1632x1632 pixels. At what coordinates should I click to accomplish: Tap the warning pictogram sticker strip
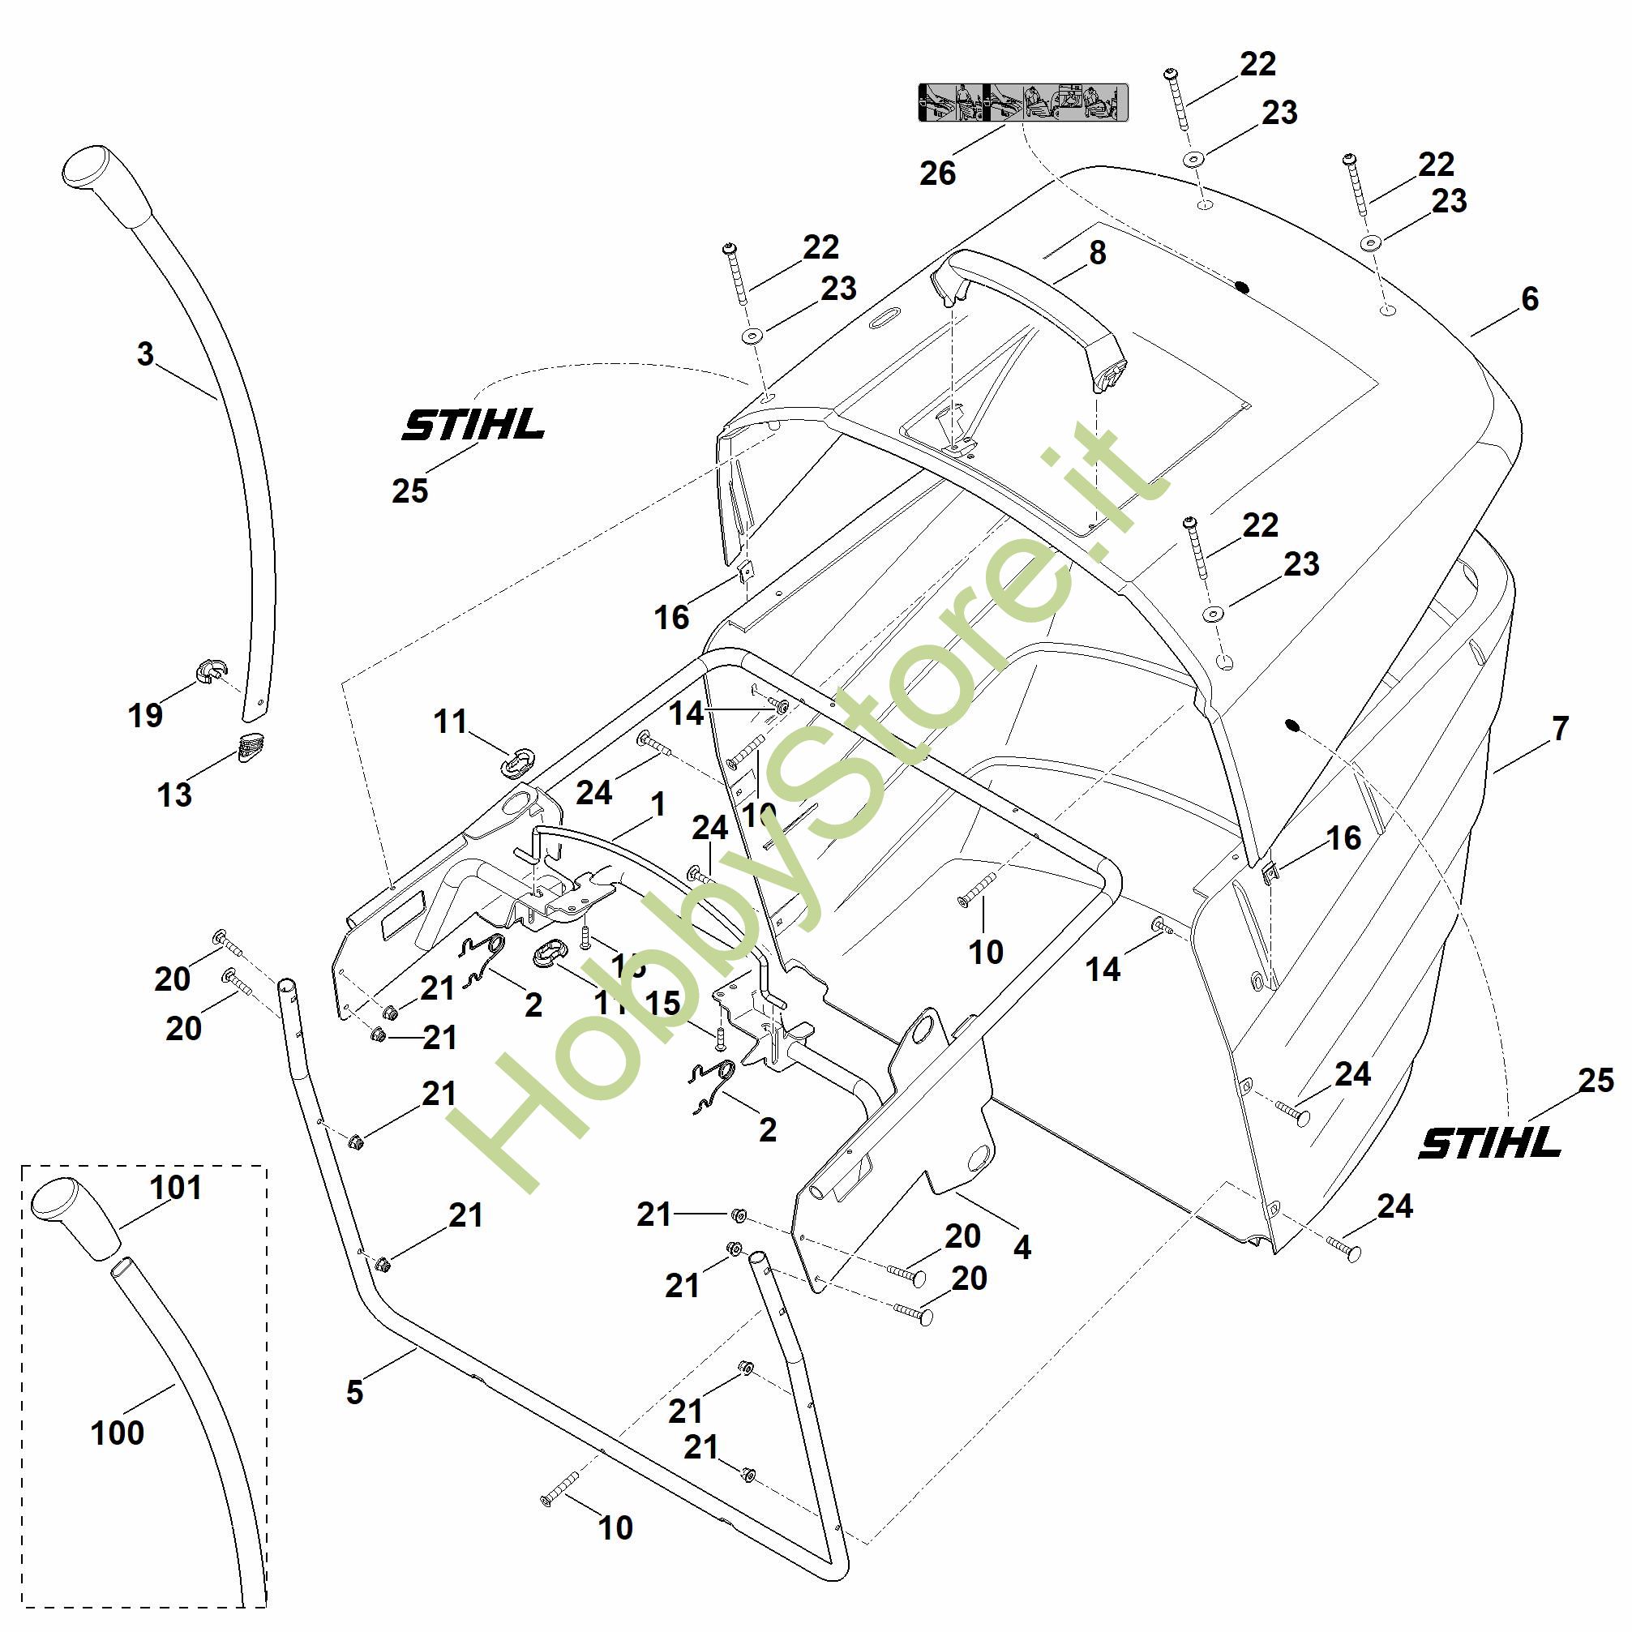coord(1023,102)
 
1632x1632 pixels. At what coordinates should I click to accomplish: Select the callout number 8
coord(1096,253)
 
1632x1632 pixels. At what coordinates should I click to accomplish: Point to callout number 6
coord(1530,299)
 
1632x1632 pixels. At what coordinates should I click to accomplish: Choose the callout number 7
coord(1559,728)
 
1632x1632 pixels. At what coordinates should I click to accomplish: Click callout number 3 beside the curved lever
coord(145,354)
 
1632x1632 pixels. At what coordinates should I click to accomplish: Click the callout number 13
coord(175,794)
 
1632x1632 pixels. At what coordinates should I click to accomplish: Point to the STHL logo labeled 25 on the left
coord(473,424)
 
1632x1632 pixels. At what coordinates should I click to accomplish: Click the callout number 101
coord(176,1187)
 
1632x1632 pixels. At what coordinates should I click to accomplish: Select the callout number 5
coord(354,1392)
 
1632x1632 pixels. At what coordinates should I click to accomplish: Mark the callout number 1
coord(658,804)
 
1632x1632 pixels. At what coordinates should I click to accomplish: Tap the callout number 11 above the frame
coord(450,722)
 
